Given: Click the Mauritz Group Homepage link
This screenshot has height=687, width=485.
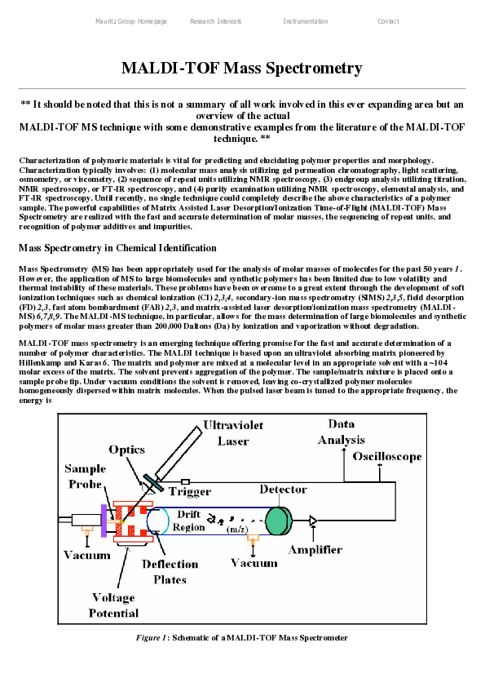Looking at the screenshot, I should [x=131, y=21].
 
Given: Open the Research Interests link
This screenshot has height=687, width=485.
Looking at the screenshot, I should [x=215, y=21].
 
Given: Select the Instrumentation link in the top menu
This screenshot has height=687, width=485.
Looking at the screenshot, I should [x=306, y=21].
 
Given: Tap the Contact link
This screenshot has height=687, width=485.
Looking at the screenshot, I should [x=388, y=21].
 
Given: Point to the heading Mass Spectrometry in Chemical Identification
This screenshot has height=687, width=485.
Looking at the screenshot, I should [x=117, y=248].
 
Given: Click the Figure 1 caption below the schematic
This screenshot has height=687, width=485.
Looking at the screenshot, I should [x=241, y=637].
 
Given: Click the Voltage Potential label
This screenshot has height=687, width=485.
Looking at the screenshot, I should [x=113, y=605].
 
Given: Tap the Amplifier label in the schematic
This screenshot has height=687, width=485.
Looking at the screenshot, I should [x=315, y=550].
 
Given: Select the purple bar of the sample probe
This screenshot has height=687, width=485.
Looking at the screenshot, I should [x=104, y=520].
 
